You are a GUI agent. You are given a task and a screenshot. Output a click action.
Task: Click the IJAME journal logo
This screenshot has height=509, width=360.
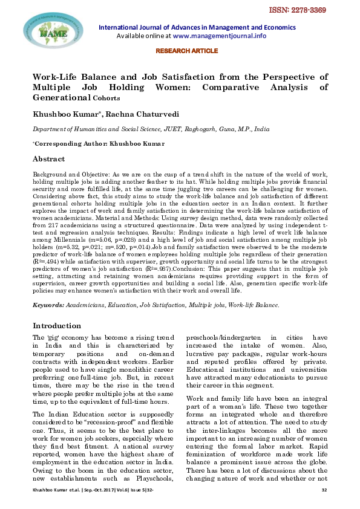(45, 34)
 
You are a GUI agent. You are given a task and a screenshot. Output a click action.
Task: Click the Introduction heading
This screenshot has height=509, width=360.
(57, 325)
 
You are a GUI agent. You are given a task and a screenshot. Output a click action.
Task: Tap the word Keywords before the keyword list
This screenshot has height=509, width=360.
(47, 306)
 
